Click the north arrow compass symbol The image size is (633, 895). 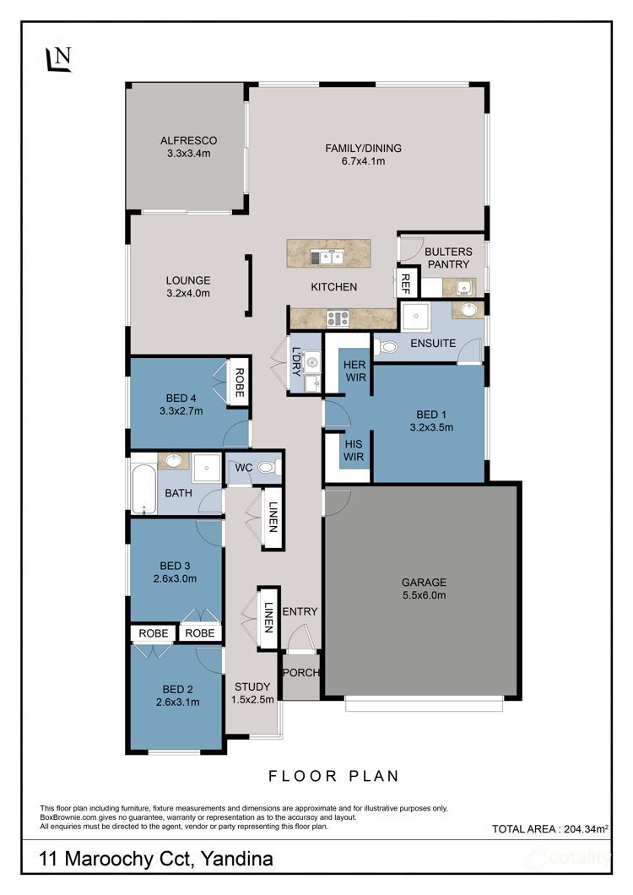(59, 59)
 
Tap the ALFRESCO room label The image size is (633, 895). (188, 140)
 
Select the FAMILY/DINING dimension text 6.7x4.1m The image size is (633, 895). (363, 161)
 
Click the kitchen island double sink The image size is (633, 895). (328, 258)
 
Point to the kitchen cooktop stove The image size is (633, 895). (338, 318)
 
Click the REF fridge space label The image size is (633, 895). (406, 283)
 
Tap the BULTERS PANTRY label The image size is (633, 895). (449, 258)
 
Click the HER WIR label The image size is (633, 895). (354, 371)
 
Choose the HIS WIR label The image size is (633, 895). (354, 450)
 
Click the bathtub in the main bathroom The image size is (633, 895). (143, 489)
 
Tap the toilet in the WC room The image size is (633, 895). (269, 468)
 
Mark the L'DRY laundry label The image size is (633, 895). (295, 362)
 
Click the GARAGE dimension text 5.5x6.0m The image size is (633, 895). (424, 595)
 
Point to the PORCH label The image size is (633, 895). (300, 673)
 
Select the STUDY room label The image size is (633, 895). (252, 686)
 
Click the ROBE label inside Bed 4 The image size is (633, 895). (239, 382)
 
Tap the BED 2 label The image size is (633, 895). (177, 690)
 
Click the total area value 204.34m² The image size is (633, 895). (587, 829)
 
